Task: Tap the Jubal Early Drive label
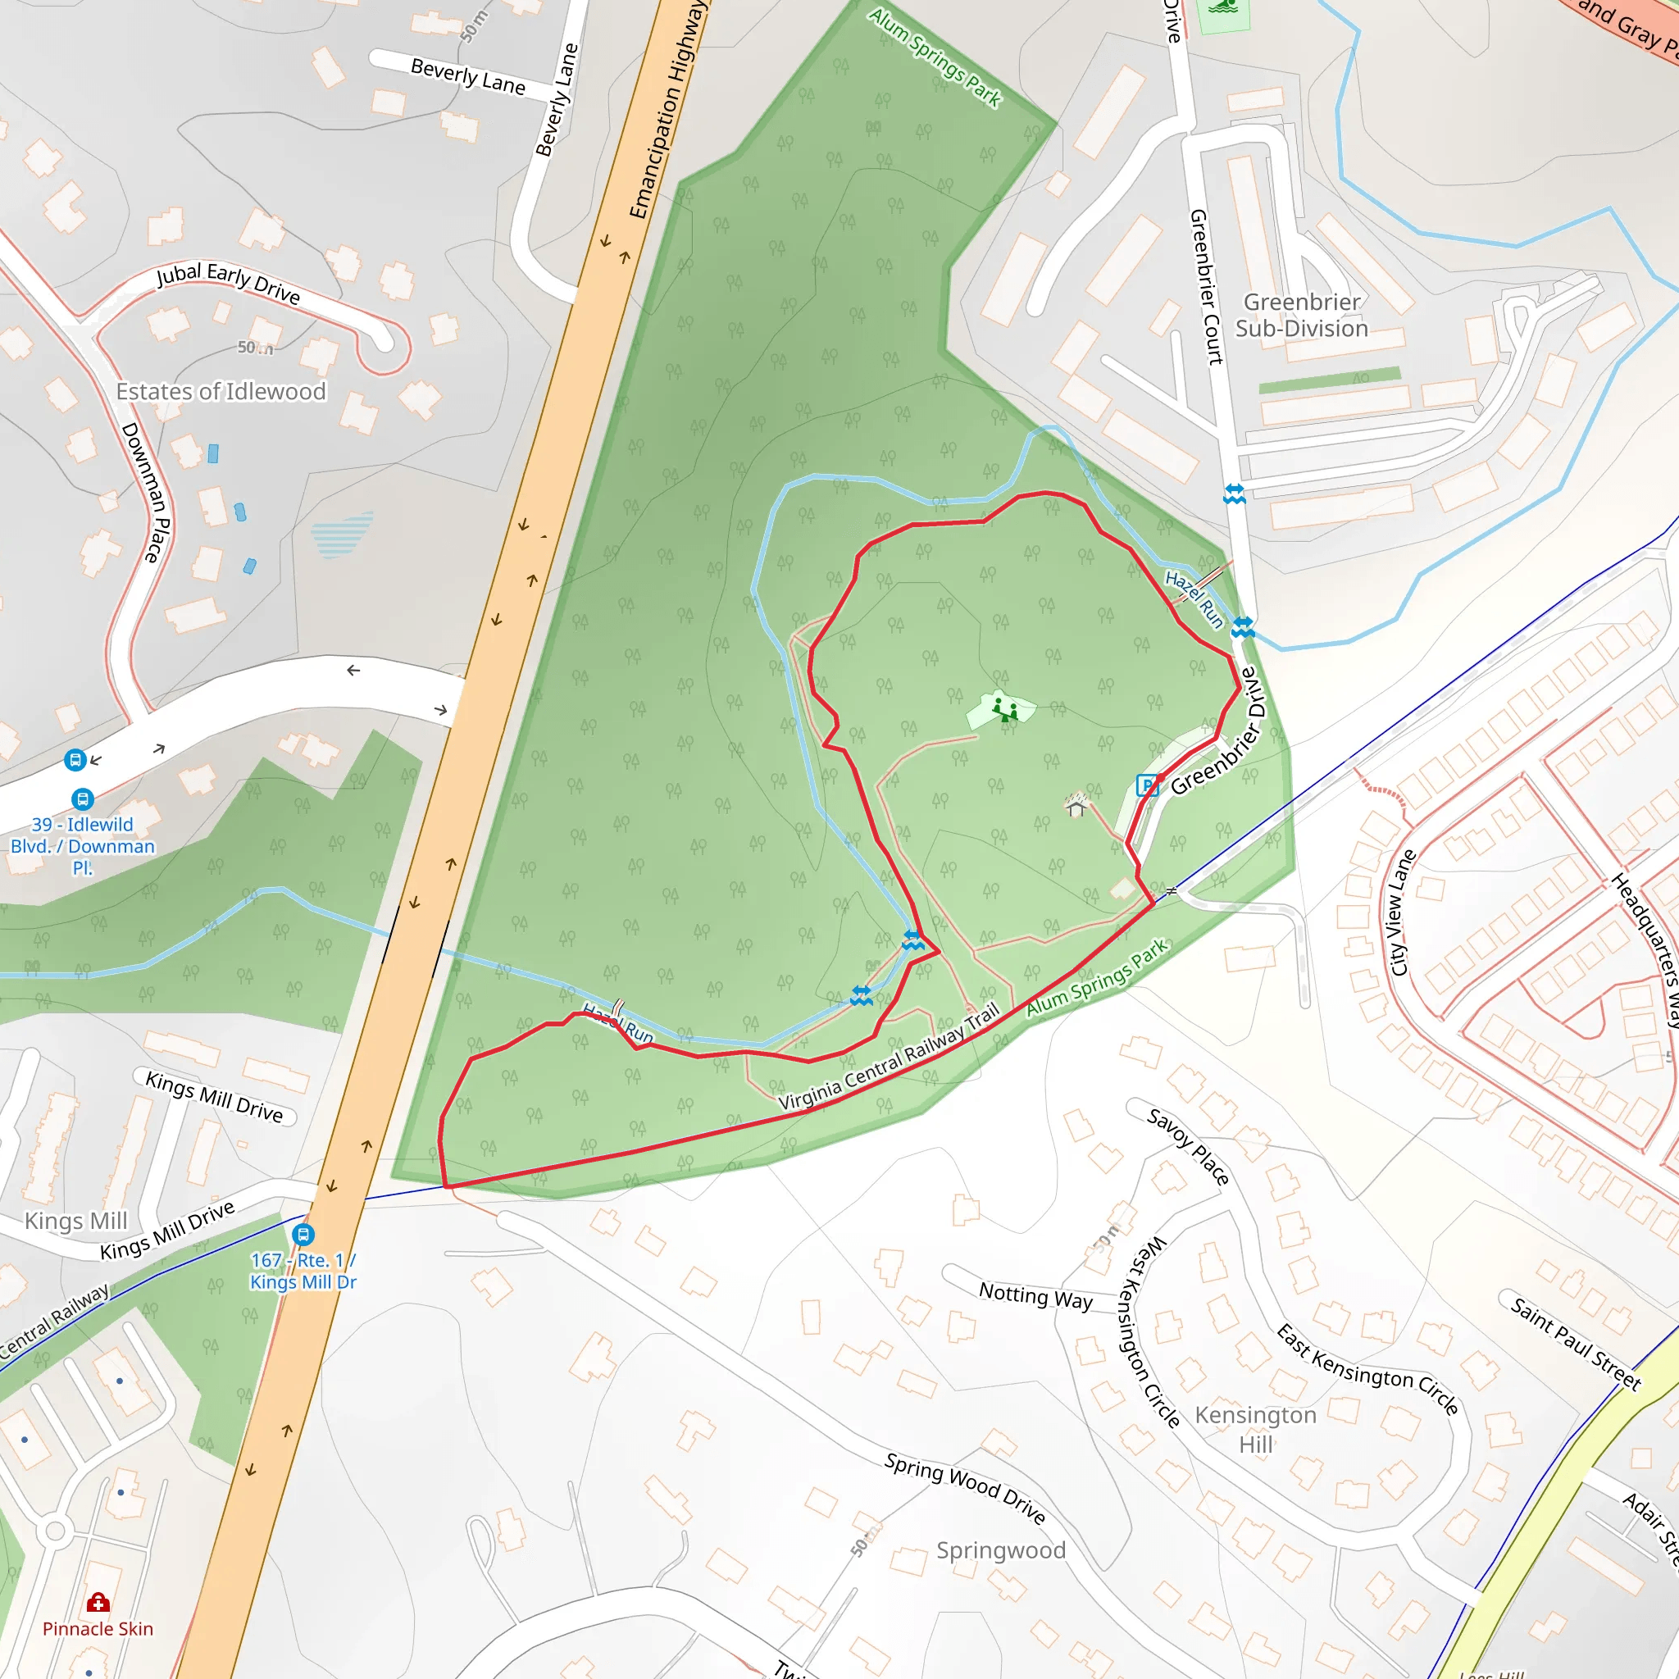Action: point(229,284)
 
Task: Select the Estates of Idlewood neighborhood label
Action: point(221,392)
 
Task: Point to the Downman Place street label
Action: point(146,492)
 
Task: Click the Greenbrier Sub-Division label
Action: point(1301,316)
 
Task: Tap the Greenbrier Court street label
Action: point(1205,286)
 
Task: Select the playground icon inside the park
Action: point(1005,710)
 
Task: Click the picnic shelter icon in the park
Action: point(1076,807)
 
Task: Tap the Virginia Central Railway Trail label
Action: point(888,1058)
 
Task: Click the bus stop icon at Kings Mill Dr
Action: point(303,1235)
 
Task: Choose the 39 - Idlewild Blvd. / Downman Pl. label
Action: point(83,845)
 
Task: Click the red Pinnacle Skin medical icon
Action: point(98,1603)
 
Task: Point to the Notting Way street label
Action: point(1035,1296)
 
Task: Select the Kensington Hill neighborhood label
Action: point(1255,1430)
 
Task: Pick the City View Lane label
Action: point(1402,913)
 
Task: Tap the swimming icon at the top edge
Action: point(1224,9)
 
